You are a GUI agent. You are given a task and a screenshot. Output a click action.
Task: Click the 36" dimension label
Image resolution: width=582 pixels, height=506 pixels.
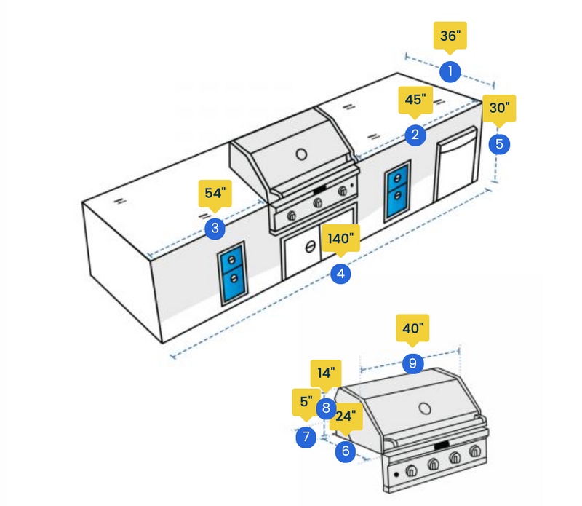point(450,36)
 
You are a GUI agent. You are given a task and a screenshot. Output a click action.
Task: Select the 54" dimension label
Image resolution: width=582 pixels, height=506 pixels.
point(215,194)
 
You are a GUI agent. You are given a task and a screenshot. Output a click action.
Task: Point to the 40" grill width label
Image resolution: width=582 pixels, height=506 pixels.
point(412,328)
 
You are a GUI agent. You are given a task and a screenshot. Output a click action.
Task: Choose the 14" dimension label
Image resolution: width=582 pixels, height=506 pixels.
point(326,373)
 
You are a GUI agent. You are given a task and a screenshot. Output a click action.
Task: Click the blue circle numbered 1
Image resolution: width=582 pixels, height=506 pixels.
point(450,71)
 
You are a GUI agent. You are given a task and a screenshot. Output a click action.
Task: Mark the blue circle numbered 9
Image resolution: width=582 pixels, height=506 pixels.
point(412,363)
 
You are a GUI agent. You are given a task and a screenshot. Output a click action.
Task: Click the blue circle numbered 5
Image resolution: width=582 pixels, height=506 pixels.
point(499,143)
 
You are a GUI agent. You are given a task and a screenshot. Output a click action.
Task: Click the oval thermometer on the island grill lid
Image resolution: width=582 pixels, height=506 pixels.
point(301,154)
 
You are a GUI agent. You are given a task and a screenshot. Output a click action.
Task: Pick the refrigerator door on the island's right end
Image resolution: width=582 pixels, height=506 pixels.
point(457,165)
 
